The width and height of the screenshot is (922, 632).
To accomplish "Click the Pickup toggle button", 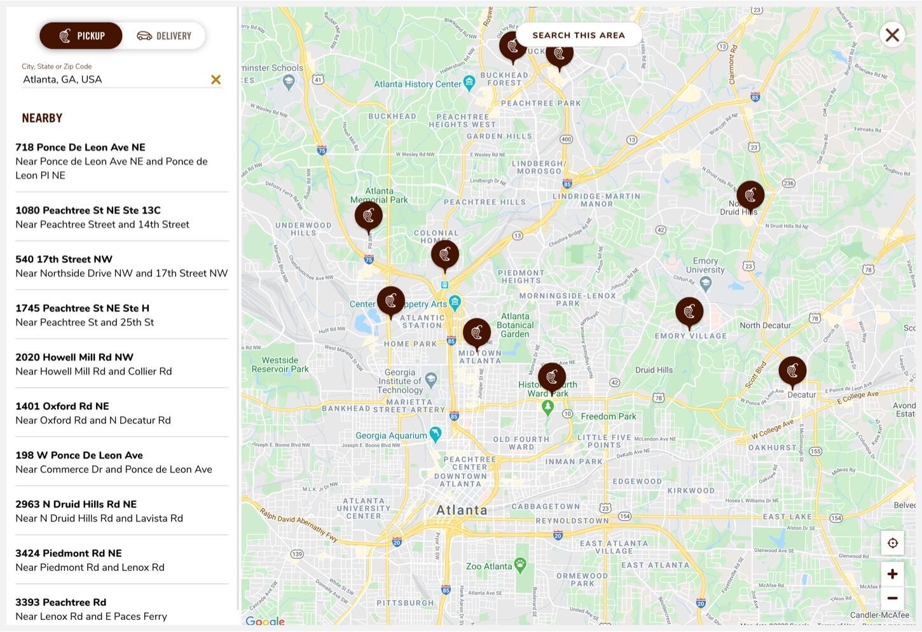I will (81, 36).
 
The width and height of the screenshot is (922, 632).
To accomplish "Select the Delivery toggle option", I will (165, 36).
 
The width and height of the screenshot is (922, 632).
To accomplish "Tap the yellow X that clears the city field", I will (216, 79).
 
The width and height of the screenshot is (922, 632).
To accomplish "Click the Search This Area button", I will (578, 35).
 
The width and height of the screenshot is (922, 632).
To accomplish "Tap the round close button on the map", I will (892, 34).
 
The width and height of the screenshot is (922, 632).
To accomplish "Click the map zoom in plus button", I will (892, 574).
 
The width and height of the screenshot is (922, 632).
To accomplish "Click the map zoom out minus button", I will (892, 598).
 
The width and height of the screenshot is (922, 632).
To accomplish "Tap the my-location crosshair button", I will (892, 543).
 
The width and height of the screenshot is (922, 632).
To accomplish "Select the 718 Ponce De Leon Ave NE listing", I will (80, 148).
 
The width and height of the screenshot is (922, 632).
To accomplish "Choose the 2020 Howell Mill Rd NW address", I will (74, 357).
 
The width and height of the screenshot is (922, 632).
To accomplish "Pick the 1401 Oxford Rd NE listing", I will (62, 406).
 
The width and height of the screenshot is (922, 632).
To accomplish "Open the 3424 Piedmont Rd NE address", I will (69, 553).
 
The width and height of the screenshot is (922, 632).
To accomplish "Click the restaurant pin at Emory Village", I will (689, 312).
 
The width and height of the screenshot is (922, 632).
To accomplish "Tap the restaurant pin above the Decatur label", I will (792, 370).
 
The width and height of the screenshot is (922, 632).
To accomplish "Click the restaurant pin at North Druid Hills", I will (750, 195).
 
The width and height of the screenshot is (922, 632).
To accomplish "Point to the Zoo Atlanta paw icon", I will (520, 565).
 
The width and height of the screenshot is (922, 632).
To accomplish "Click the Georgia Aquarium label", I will (391, 436).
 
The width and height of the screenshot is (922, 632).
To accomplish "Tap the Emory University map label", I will (705, 265).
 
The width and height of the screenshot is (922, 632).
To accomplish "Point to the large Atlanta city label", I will (462, 510).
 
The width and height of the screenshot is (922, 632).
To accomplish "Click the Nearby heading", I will (42, 118).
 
